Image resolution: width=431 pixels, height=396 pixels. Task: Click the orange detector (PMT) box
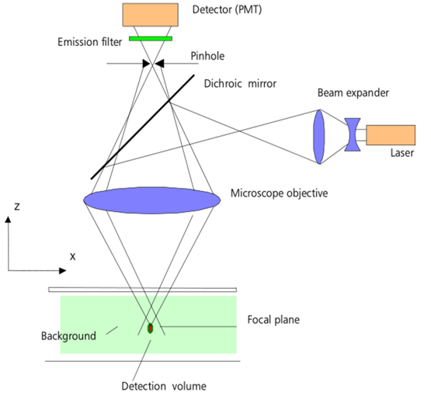[151, 15]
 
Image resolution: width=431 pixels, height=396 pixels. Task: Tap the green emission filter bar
[151, 39]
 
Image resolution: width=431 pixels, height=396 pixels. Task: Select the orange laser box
[391, 135]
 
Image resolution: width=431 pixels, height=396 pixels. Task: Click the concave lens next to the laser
[353, 134]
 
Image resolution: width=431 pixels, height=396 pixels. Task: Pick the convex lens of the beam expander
[319, 137]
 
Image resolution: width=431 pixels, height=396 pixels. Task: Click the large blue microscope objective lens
[152, 200]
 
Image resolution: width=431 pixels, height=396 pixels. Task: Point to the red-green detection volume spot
[150, 328]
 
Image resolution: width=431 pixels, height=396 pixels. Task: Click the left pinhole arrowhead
[146, 64]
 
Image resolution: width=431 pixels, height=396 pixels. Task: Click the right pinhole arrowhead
[159, 64]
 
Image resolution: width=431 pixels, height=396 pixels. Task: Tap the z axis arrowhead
[9, 219]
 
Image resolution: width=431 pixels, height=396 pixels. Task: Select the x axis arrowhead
[63, 271]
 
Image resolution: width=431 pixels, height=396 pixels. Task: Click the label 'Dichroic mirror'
[240, 84]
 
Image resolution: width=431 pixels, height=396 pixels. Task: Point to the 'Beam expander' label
[353, 93]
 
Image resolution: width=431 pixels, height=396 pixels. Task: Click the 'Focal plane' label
[273, 320]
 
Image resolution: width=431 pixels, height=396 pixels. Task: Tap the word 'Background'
[68, 336]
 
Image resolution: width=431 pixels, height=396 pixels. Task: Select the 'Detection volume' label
[164, 386]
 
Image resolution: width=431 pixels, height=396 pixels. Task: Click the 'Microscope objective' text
[279, 193]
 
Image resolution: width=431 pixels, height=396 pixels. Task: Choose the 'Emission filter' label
[89, 42]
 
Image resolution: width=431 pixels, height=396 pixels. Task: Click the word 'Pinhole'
[207, 56]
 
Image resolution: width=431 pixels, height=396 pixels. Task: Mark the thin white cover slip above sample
[143, 290]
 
